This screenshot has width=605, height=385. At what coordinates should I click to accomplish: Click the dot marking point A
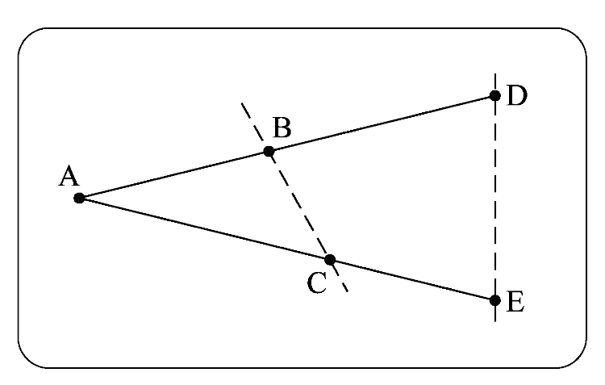[x=79, y=198]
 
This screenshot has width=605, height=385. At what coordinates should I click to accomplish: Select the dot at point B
[x=269, y=151]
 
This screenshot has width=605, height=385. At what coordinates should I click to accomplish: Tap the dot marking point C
[x=329, y=260]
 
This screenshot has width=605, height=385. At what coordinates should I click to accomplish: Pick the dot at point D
[x=495, y=95]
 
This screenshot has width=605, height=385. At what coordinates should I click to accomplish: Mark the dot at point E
[x=495, y=300]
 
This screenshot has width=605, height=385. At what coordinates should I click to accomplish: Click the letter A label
[x=68, y=176]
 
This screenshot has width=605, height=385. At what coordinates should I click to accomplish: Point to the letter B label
[x=282, y=127]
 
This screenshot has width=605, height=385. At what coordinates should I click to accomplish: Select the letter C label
[x=317, y=283]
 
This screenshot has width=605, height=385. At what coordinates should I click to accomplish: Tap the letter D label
[x=517, y=96]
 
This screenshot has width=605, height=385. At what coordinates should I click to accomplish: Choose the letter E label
[x=516, y=303]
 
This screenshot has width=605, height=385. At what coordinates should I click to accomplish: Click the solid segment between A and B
[x=173, y=174]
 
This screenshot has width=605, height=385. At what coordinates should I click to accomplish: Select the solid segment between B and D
[x=382, y=123]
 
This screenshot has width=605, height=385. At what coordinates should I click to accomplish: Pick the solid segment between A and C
[x=204, y=229]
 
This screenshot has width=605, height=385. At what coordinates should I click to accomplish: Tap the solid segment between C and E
[x=412, y=280]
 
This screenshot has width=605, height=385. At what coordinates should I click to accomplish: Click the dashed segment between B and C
[x=298, y=205]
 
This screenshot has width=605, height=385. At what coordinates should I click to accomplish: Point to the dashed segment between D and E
[x=495, y=198]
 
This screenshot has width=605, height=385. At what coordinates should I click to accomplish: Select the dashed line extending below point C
[x=340, y=280]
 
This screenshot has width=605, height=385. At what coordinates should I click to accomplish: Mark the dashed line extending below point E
[x=495, y=313]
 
